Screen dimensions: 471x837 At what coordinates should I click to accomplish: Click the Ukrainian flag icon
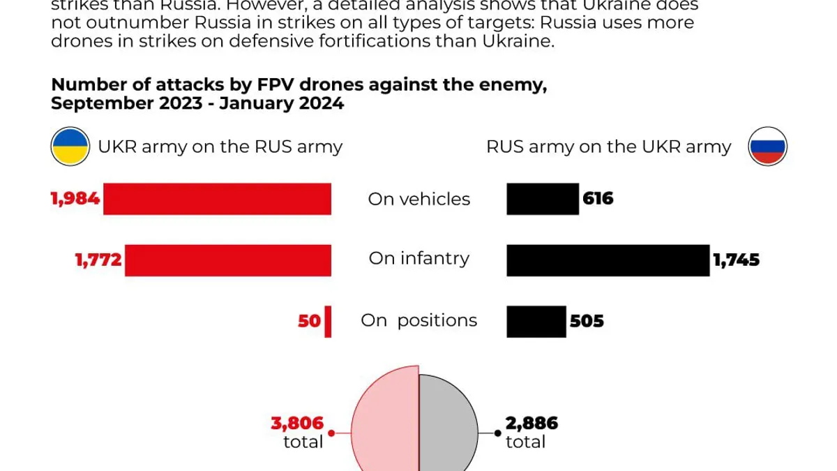coord(70,147)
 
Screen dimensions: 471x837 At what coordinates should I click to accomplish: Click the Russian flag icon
coord(767,147)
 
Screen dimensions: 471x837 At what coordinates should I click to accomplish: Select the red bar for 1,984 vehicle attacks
coord(217,199)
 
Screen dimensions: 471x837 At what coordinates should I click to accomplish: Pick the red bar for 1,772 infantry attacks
coord(228,260)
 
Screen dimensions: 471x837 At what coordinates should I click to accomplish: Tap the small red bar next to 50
coord(328,322)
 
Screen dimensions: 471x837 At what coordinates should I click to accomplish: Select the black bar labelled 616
coord(543,199)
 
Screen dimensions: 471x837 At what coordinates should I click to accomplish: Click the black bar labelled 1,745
coord(608,260)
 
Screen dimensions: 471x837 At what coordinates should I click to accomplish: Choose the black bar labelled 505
coord(536,322)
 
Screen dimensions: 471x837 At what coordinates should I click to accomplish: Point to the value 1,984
coord(75,199)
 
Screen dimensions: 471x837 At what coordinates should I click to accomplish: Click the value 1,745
coord(736,260)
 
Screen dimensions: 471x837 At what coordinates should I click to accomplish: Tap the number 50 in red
coord(310,322)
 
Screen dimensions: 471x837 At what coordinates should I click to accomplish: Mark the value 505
coord(587,322)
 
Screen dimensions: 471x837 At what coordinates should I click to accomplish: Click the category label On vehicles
coord(419,199)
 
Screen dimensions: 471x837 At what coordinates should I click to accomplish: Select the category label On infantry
coord(419,259)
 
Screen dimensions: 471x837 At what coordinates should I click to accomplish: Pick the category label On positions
coord(419,321)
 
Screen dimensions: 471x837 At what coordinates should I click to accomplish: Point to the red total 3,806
coord(298,423)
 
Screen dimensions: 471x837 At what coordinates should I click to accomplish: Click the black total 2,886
coord(531,423)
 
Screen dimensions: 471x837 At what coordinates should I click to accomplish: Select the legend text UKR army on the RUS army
coord(220,147)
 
